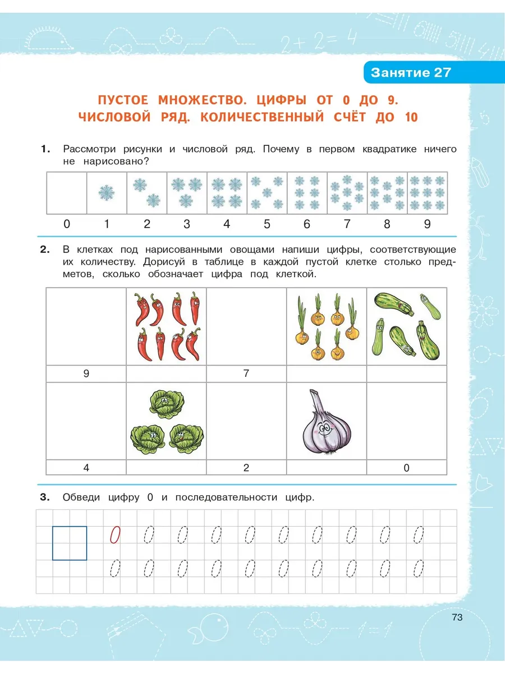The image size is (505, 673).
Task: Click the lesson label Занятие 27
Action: (411, 73)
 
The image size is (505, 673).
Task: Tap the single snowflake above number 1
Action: (107, 193)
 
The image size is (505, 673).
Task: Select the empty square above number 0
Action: (67, 193)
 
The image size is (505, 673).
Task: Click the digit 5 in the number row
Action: (267, 224)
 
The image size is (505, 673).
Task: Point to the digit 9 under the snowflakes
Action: (427, 224)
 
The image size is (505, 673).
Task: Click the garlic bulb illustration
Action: (326, 422)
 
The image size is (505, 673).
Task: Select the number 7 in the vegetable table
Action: (246, 374)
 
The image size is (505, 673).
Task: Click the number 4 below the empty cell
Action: (86, 468)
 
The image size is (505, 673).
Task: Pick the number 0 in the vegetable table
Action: (406, 468)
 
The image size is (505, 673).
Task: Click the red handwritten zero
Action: (115, 534)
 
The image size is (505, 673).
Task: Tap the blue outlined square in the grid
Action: (70, 543)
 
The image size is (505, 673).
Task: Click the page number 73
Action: (457, 617)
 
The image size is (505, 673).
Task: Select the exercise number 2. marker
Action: (45, 249)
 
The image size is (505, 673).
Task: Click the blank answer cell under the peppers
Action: (166, 374)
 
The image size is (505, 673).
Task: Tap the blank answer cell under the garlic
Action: (327, 468)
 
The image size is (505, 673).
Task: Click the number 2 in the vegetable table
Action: (246, 468)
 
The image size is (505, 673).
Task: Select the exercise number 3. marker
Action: (45, 497)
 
